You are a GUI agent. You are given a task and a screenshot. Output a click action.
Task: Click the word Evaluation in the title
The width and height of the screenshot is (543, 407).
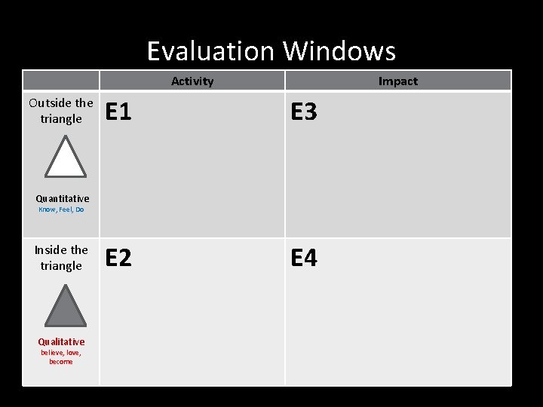[212, 51]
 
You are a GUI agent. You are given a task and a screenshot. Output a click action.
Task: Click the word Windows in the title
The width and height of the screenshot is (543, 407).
[339, 51]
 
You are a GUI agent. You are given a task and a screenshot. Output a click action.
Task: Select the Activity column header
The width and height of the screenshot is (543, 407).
[192, 81]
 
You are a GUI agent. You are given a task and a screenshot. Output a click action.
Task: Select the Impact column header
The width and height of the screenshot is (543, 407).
[397, 81]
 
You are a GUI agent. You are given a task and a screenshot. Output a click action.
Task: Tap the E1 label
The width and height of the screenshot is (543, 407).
[118, 112]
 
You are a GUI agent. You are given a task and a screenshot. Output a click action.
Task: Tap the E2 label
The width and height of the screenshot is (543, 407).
[118, 259]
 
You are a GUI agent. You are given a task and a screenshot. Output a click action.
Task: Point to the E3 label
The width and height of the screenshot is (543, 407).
[304, 112]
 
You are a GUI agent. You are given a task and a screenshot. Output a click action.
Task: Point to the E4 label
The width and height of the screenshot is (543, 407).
[304, 259]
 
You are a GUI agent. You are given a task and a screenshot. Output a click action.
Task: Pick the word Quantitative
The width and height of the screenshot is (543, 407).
[62, 199]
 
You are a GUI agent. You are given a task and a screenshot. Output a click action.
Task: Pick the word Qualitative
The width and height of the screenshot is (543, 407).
[61, 342]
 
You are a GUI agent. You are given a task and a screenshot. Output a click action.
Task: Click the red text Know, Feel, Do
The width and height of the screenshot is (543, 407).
[61, 210]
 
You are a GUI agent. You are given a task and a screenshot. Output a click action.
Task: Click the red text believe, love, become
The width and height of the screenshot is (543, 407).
[61, 357]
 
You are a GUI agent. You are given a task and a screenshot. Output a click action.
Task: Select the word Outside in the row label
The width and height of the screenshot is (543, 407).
[51, 103]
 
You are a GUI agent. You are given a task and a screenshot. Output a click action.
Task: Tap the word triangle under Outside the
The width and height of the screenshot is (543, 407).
[61, 119]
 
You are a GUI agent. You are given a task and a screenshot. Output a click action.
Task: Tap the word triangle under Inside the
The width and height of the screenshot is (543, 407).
[61, 266]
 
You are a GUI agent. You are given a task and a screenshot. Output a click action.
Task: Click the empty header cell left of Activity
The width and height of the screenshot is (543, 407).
[61, 81]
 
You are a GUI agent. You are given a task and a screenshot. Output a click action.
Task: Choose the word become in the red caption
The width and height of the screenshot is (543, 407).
[61, 362]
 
